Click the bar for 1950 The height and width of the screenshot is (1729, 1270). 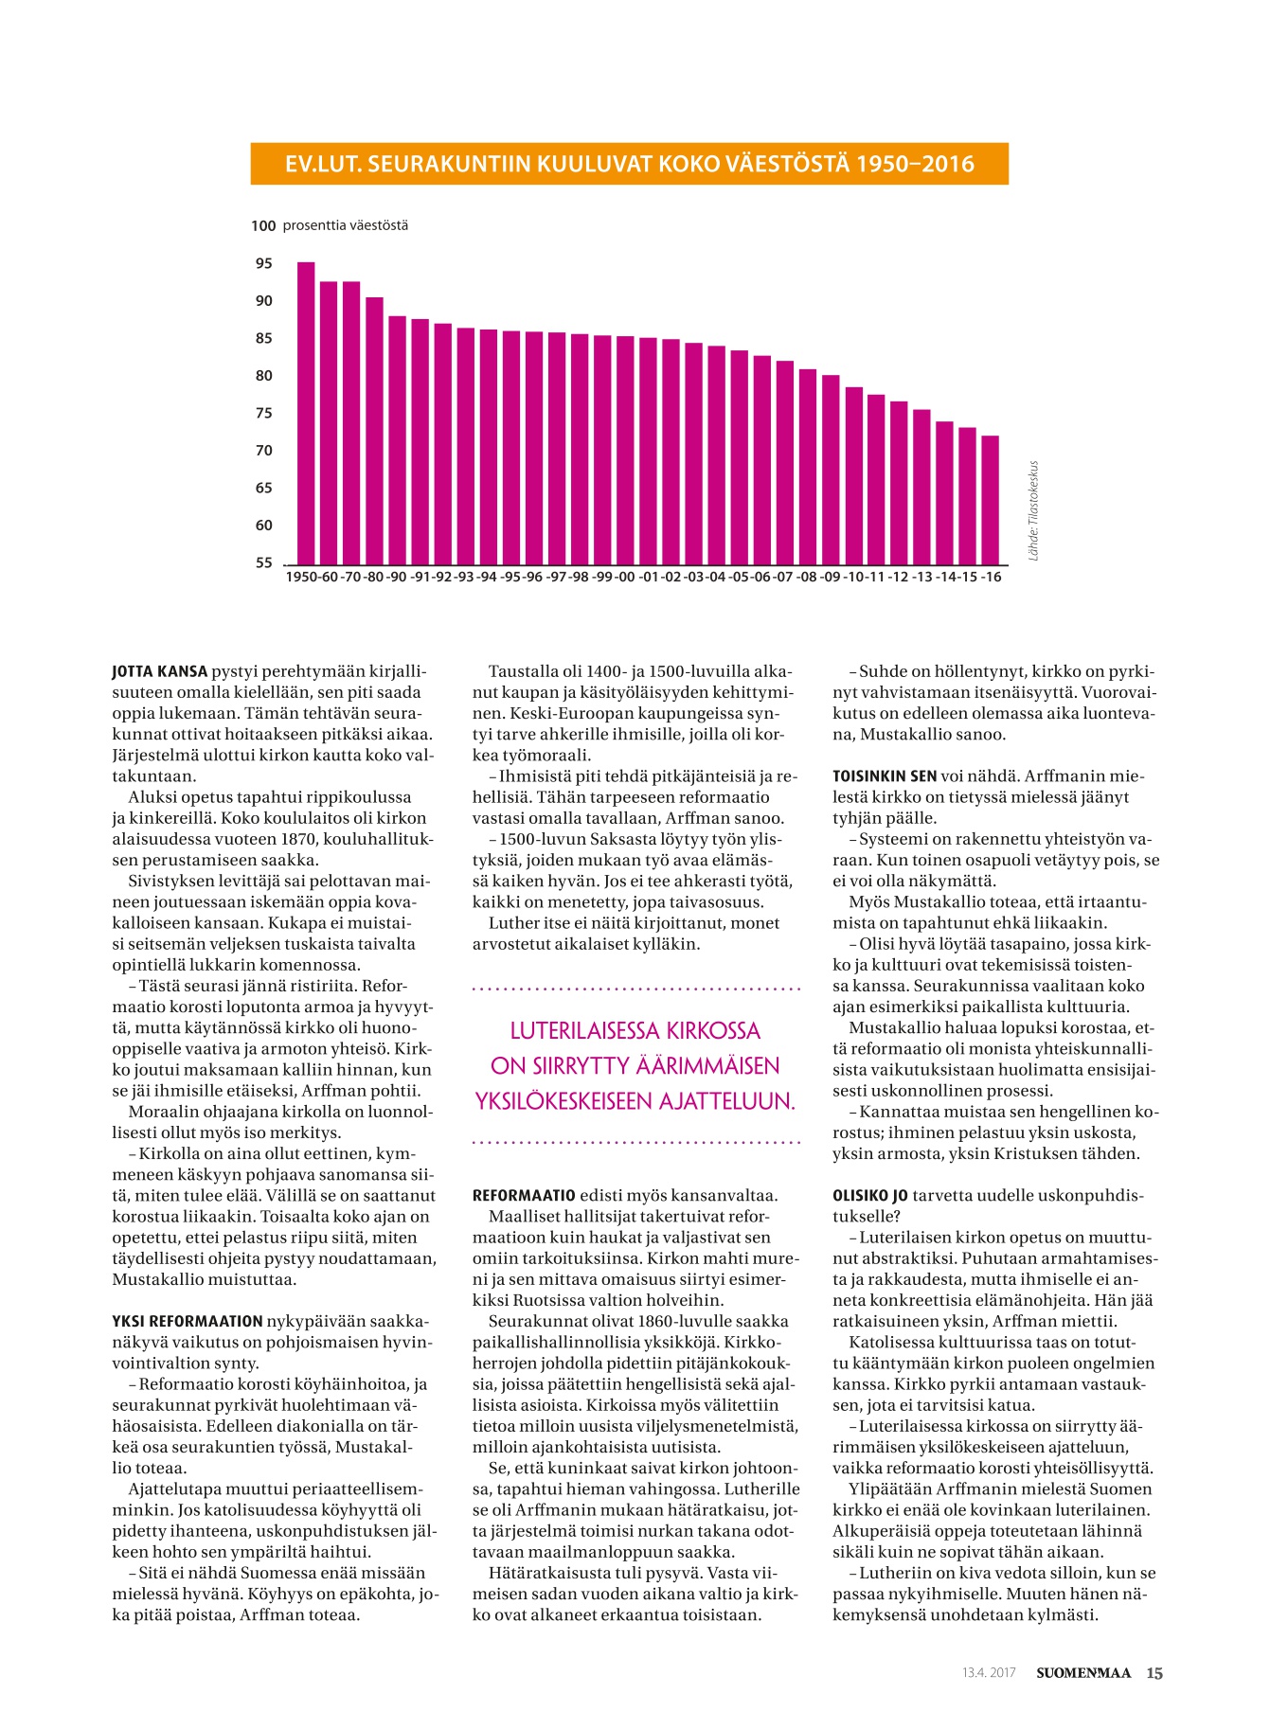point(306,413)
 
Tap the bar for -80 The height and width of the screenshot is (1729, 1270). point(375,431)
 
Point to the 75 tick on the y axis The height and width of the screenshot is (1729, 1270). point(263,413)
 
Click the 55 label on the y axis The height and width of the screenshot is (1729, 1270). point(263,562)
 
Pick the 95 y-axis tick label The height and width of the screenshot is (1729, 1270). point(263,263)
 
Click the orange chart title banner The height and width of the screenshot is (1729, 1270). point(629,164)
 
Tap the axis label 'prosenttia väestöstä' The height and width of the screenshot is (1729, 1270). point(346,225)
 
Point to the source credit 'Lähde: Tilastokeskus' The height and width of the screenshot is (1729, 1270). point(1033,510)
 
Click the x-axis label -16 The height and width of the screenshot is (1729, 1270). point(991,577)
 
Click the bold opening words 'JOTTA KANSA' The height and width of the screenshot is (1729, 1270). point(159,671)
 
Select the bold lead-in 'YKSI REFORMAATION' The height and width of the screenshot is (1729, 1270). point(188,1321)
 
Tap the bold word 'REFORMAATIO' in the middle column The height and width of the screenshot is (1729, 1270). point(524,1195)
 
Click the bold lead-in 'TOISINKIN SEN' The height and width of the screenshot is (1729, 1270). point(885,775)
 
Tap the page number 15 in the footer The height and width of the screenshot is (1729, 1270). point(1154,1672)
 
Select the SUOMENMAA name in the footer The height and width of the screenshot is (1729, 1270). point(1083,1672)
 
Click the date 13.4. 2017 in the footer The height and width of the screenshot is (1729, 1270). point(989,1672)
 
